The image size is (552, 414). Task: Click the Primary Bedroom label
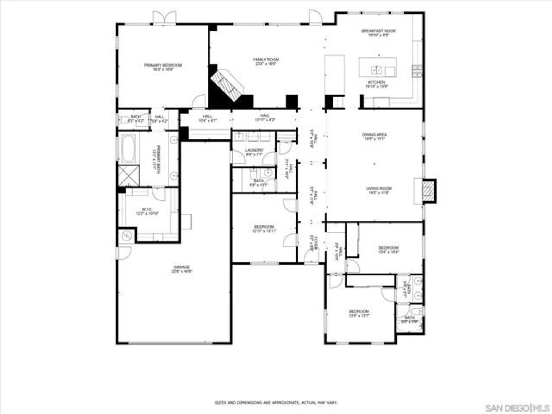pyautogui.click(x=163, y=67)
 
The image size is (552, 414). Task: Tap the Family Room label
pyautogui.click(x=266, y=61)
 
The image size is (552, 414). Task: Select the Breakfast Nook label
pyautogui.click(x=378, y=33)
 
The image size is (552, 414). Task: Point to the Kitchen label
pyautogui.click(x=376, y=84)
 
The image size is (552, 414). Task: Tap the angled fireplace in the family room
pyautogui.click(x=226, y=85)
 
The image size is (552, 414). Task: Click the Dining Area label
pyautogui.click(x=374, y=136)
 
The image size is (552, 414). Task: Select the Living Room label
pyautogui.click(x=379, y=190)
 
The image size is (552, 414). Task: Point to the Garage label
pyautogui.click(x=182, y=269)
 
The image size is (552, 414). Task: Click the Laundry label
pyautogui.click(x=254, y=152)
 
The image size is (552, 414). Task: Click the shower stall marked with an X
pyautogui.click(x=129, y=176)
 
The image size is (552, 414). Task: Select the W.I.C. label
pyautogui.click(x=147, y=211)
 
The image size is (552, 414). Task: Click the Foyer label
pyautogui.click(x=314, y=243)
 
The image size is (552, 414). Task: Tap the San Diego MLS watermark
pyautogui.click(x=517, y=408)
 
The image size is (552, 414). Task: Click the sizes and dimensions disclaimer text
pyautogui.click(x=276, y=403)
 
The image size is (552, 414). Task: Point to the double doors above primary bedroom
pyautogui.click(x=164, y=18)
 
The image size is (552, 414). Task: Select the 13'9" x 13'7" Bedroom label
pyautogui.click(x=359, y=313)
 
